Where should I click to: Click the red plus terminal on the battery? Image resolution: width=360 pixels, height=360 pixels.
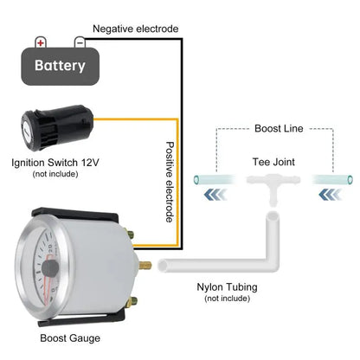point(41,42)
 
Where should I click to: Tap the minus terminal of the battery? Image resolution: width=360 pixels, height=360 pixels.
point(80,42)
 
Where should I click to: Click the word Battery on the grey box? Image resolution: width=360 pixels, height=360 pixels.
point(60,66)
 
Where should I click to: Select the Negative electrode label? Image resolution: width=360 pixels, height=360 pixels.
point(136,29)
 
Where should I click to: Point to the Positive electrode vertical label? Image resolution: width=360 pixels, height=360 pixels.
point(170,182)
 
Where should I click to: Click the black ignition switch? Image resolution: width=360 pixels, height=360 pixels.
point(57,127)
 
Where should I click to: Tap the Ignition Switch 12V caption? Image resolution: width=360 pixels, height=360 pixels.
point(55,163)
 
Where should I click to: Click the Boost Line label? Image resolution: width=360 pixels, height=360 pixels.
point(279,128)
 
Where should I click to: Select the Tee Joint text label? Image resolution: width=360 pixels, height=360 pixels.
point(273,162)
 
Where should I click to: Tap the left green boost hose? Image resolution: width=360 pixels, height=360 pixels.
point(215,180)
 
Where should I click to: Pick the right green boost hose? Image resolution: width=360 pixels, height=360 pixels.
point(332,180)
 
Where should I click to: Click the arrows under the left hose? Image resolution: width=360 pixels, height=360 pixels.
point(215,196)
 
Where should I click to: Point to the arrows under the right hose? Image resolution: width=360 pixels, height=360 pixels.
point(331,196)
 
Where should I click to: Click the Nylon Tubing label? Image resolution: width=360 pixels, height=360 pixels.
point(227,287)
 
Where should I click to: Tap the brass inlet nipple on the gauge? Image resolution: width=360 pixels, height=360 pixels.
point(145,265)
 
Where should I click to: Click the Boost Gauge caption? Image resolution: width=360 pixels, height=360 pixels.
point(70,338)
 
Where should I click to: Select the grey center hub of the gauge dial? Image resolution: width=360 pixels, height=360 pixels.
point(50,268)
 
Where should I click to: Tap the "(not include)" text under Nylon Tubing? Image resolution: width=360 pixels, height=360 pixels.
point(227,299)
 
